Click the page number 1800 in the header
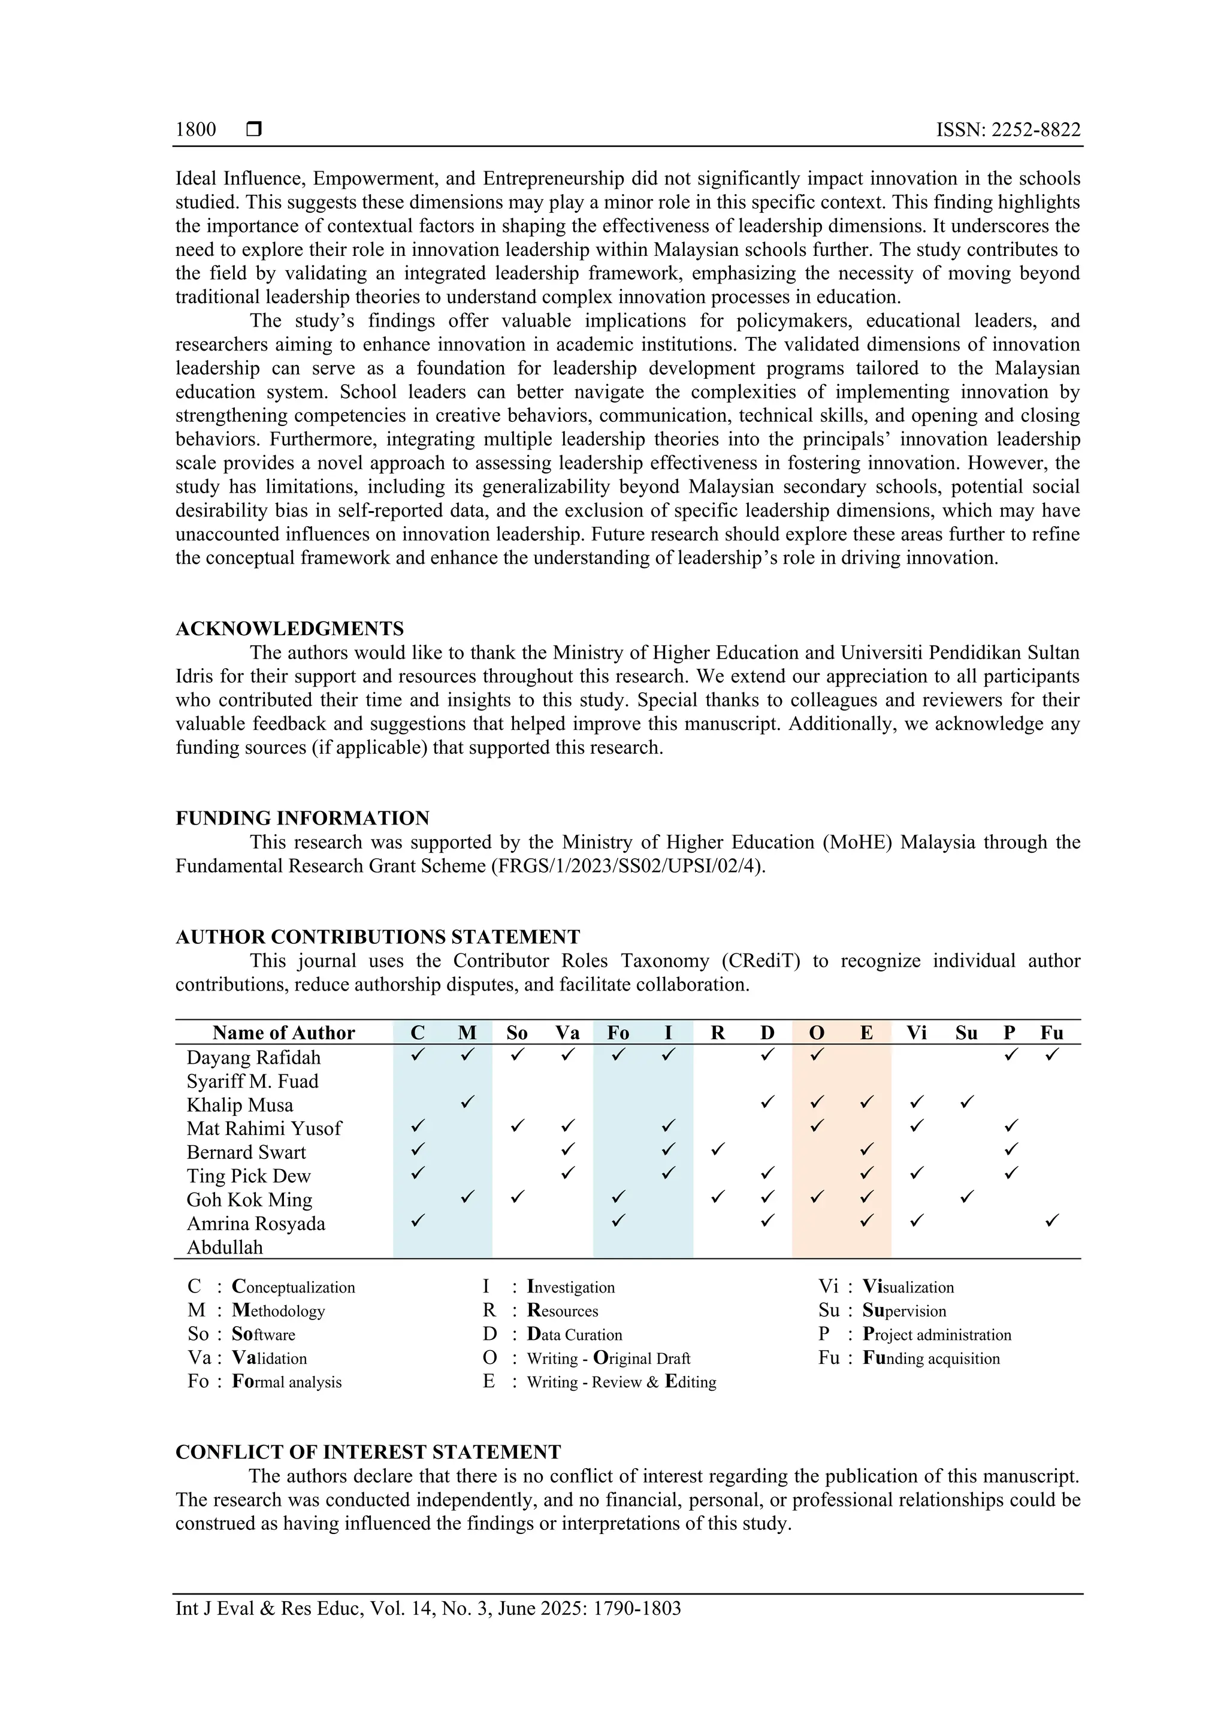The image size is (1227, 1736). pyautogui.click(x=196, y=129)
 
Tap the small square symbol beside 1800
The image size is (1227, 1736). pyautogui.click(x=254, y=129)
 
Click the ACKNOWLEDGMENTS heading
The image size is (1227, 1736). pyautogui.click(x=289, y=629)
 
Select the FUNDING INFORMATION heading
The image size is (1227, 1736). pyautogui.click(x=303, y=818)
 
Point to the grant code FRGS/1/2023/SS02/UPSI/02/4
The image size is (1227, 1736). pyautogui.click(x=627, y=866)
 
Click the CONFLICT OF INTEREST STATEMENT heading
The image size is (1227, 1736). pyautogui.click(x=368, y=1453)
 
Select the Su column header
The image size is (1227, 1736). pyautogui.click(x=966, y=1033)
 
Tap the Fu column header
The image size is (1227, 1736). pyautogui.click(x=1051, y=1033)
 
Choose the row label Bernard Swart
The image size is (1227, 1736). pyautogui.click(x=246, y=1152)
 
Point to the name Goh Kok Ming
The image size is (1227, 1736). pyautogui.click(x=249, y=1200)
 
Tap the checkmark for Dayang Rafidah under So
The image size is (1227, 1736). pyautogui.click(x=517, y=1054)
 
